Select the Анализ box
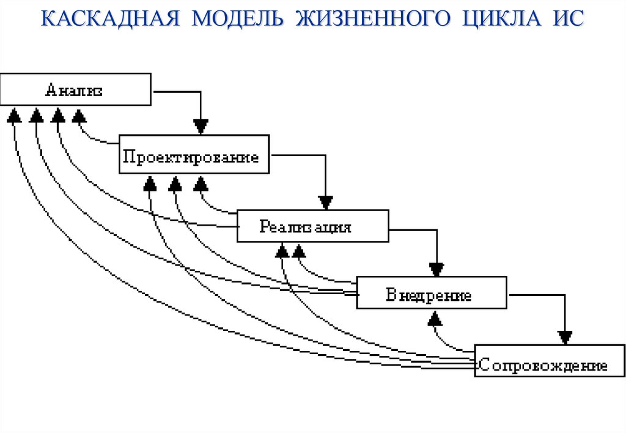click(75, 90)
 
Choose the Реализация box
click(312, 227)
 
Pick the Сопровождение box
click(542, 365)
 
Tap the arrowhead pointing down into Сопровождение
click(565, 336)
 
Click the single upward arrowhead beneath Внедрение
click(435, 318)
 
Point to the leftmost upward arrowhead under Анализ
click(14, 116)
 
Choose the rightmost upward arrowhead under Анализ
click(79, 116)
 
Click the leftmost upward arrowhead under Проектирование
click(150, 183)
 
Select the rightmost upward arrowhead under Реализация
click(299, 250)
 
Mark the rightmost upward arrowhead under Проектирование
click(201, 183)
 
